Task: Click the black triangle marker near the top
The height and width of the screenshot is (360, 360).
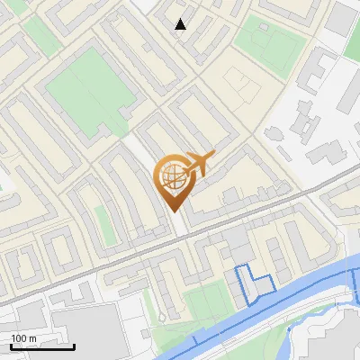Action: (181, 24)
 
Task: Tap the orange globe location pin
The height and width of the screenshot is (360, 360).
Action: (175, 181)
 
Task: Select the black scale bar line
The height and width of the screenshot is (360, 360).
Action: (42, 346)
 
